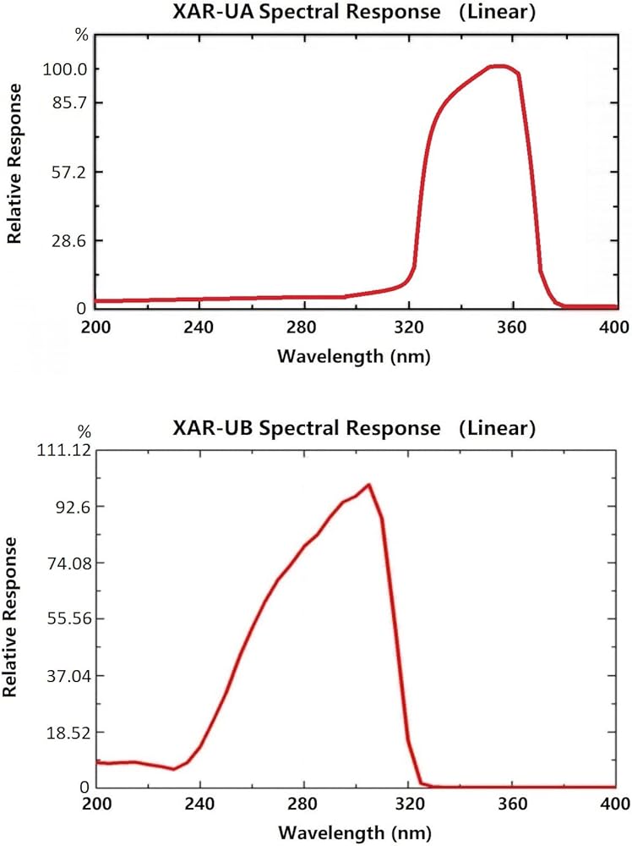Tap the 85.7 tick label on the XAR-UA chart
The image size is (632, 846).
(65, 102)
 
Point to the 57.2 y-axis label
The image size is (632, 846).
(65, 172)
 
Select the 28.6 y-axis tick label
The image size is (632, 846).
(65, 240)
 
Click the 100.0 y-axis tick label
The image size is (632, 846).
(63, 69)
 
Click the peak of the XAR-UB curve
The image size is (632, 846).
(368, 485)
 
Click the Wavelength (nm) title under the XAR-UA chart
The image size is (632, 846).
(354, 356)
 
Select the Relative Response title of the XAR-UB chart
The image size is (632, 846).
(11, 617)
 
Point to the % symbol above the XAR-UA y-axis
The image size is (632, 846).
(81, 36)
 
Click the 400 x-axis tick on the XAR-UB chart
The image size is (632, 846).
(615, 806)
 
